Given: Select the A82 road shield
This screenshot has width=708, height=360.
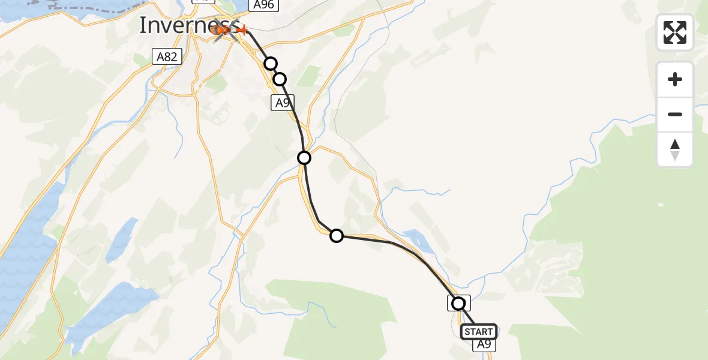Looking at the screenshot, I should pyautogui.click(x=167, y=57).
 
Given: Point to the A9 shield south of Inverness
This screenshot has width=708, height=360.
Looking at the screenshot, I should pyautogui.click(x=282, y=103).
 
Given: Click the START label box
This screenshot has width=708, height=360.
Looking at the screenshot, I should pyautogui.click(x=478, y=332).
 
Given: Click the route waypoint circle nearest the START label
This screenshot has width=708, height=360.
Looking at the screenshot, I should pyautogui.click(x=458, y=304).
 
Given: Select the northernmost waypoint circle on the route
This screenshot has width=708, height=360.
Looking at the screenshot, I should pyautogui.click(x=271, y=64).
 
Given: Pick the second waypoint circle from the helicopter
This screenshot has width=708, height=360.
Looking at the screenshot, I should pyautogui.click(x=280, y=79).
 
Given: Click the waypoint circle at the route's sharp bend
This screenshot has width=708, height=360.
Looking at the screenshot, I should pyautogui.click(x=337, y=236).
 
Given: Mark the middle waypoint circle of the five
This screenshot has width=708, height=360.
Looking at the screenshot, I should pyautogui.click(x=304, y=158).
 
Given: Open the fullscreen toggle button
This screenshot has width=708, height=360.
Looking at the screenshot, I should pyautogui.click(x=675, y=32).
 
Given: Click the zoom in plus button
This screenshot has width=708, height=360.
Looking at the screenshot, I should pyautogui.click(x=675, y=79).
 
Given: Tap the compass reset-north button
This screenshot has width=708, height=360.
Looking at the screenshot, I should pyautogui.click(x=675, y=149).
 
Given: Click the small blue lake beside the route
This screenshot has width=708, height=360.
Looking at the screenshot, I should pyautogui.click(x=418, y=240).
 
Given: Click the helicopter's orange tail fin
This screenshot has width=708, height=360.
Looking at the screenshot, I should pyautogui.click(x=242, y=29).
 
